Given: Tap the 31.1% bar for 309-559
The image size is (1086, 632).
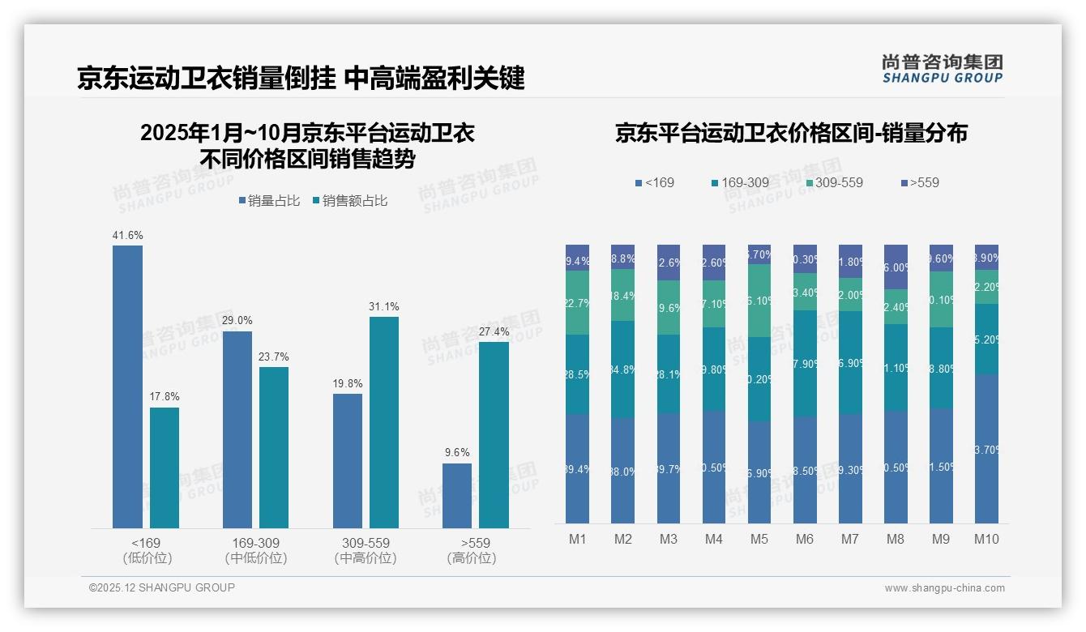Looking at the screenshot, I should [x=384, y=422].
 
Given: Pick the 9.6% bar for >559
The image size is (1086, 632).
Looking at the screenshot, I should [x=457, y=495].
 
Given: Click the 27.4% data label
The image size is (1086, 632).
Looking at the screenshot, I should [x=494, y=332].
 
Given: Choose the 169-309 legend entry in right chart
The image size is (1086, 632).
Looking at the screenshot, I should [x=739, y=183].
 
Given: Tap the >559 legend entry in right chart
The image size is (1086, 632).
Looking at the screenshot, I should [x=919, y=183].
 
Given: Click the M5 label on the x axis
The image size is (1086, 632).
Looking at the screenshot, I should [x=759, y=540].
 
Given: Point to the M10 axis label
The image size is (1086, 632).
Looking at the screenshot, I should [x=986, y=540].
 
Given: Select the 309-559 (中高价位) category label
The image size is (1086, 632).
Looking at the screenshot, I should [x=365, y=550].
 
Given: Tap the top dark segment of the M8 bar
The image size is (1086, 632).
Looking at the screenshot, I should [x=896, y=267].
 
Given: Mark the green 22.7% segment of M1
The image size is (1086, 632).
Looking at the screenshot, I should [x=578, y=302].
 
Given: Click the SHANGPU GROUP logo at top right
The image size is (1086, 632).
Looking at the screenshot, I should [x=943, y=68].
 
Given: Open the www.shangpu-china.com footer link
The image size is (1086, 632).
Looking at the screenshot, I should [x=944, y=588].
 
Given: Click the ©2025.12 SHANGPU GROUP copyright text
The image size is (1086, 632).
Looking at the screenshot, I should [x=162, y=587].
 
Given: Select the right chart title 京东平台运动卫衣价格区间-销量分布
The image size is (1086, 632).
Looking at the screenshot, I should [x=791, y=134].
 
